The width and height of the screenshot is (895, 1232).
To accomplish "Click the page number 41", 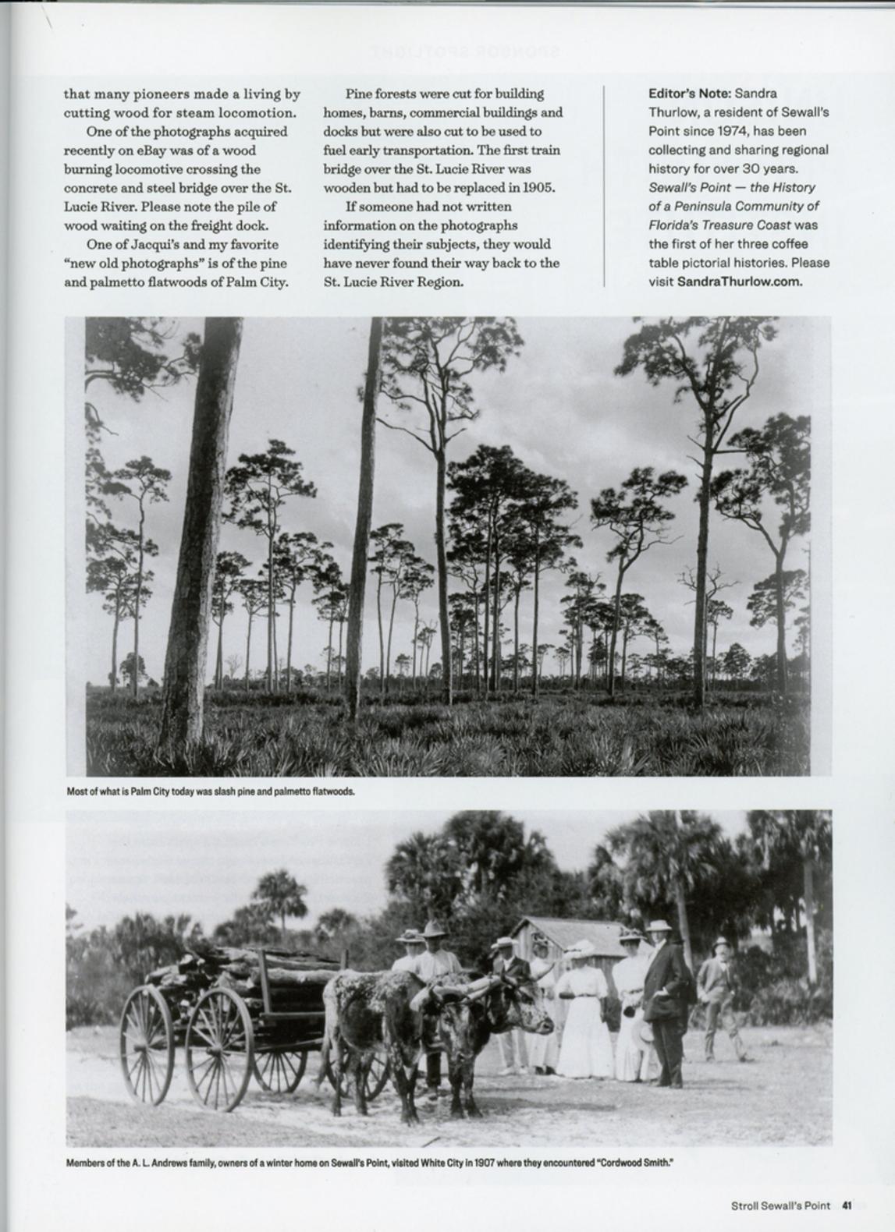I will point(847,1205).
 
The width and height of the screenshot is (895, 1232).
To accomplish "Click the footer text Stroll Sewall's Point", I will point(780,1205).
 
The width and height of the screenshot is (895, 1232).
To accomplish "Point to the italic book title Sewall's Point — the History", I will point(732,188).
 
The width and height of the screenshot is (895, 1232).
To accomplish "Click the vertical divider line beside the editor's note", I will point(606,187).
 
